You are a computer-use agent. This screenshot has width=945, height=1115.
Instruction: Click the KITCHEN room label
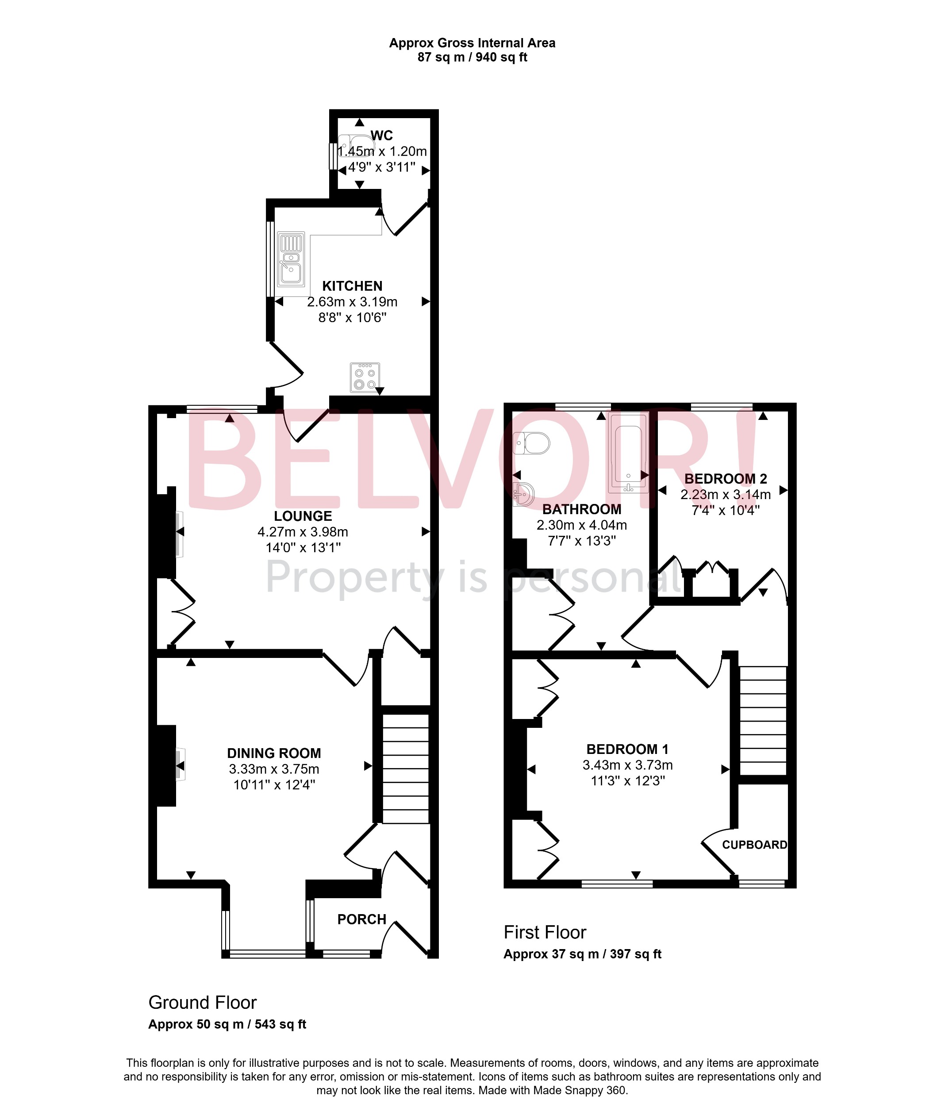coord(352,286)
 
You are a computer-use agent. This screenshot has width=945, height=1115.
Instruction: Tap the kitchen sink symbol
coord(291,259)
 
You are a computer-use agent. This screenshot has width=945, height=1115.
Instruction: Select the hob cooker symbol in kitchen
coord(365,377)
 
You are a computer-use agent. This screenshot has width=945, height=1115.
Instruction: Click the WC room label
coord(381,135)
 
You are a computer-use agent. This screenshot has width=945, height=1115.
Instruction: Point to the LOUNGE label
coord(303,516)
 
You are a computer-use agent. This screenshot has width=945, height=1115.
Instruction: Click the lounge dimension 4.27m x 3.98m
coord(303,532)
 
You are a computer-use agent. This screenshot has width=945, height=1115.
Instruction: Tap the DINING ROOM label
coord(274,754)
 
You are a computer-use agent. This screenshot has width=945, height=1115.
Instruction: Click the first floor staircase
coord(763,721)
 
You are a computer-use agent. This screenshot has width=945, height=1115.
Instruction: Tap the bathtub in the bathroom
coord(628,453)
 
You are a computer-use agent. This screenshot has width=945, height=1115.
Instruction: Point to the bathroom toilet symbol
coord(531,443)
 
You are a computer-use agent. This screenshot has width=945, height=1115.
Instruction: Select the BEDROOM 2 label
coord(726,478)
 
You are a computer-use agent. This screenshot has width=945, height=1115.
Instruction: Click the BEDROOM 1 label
coord(627,749)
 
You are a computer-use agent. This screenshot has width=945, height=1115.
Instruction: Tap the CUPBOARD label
coord(754,845)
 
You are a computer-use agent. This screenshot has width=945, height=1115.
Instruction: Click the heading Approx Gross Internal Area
coord(472,43)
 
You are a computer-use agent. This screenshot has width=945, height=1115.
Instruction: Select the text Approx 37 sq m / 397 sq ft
coord(582,954)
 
